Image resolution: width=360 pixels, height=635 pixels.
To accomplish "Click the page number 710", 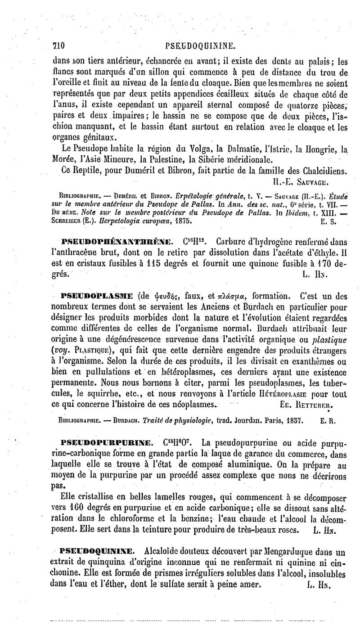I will tap(59, 45).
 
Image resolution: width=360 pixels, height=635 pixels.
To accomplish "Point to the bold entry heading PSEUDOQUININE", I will tap(96, 550).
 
